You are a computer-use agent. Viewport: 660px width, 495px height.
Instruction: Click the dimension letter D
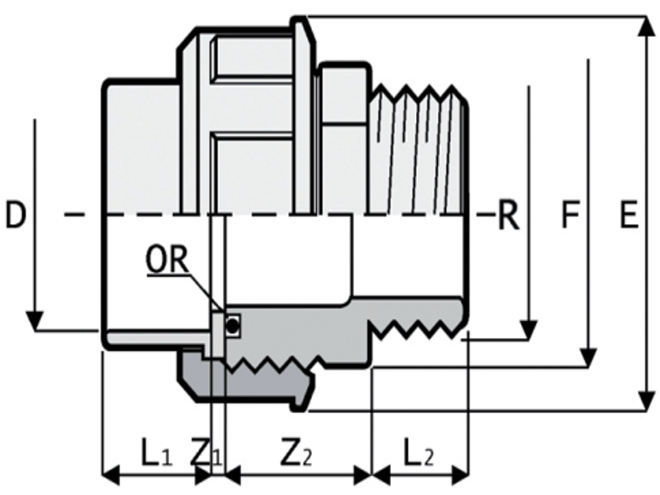pyautogui.click(x=16, y=214)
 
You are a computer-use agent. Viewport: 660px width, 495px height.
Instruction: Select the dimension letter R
pyautogui.click(x=508, y=215)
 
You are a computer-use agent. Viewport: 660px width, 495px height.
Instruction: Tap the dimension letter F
pyautogui.click(x=568, y=215)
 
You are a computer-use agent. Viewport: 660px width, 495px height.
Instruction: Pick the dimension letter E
pyautogui.click(x=628, y=215)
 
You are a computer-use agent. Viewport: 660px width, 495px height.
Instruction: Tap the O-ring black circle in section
pyautogui.click(x=232, y=327)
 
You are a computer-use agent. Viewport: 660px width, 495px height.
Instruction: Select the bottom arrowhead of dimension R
pyautogui.click(x=527, y=330)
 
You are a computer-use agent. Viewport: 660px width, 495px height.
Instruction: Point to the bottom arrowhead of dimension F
pyautogui.click(x=589, y=358)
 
